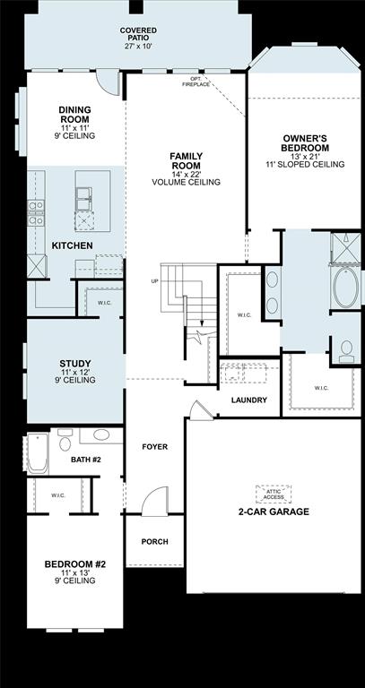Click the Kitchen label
point(73,245)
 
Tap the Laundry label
point(248,400)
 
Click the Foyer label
point(155,446)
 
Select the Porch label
point(155,542)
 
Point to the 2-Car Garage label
point(273,512)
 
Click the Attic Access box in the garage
point(273,493)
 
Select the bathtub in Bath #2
point(37,454)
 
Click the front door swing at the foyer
point(155,500)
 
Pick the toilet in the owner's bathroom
point(345,348)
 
